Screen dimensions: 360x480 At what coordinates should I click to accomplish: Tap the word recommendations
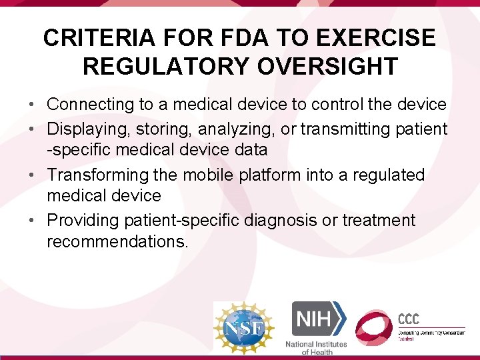coord(117,241)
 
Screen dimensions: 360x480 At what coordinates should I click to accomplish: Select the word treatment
coord(379,220)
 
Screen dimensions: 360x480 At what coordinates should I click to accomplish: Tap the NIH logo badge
coord(317,319)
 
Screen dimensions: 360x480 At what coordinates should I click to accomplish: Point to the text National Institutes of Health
coord(316,347)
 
